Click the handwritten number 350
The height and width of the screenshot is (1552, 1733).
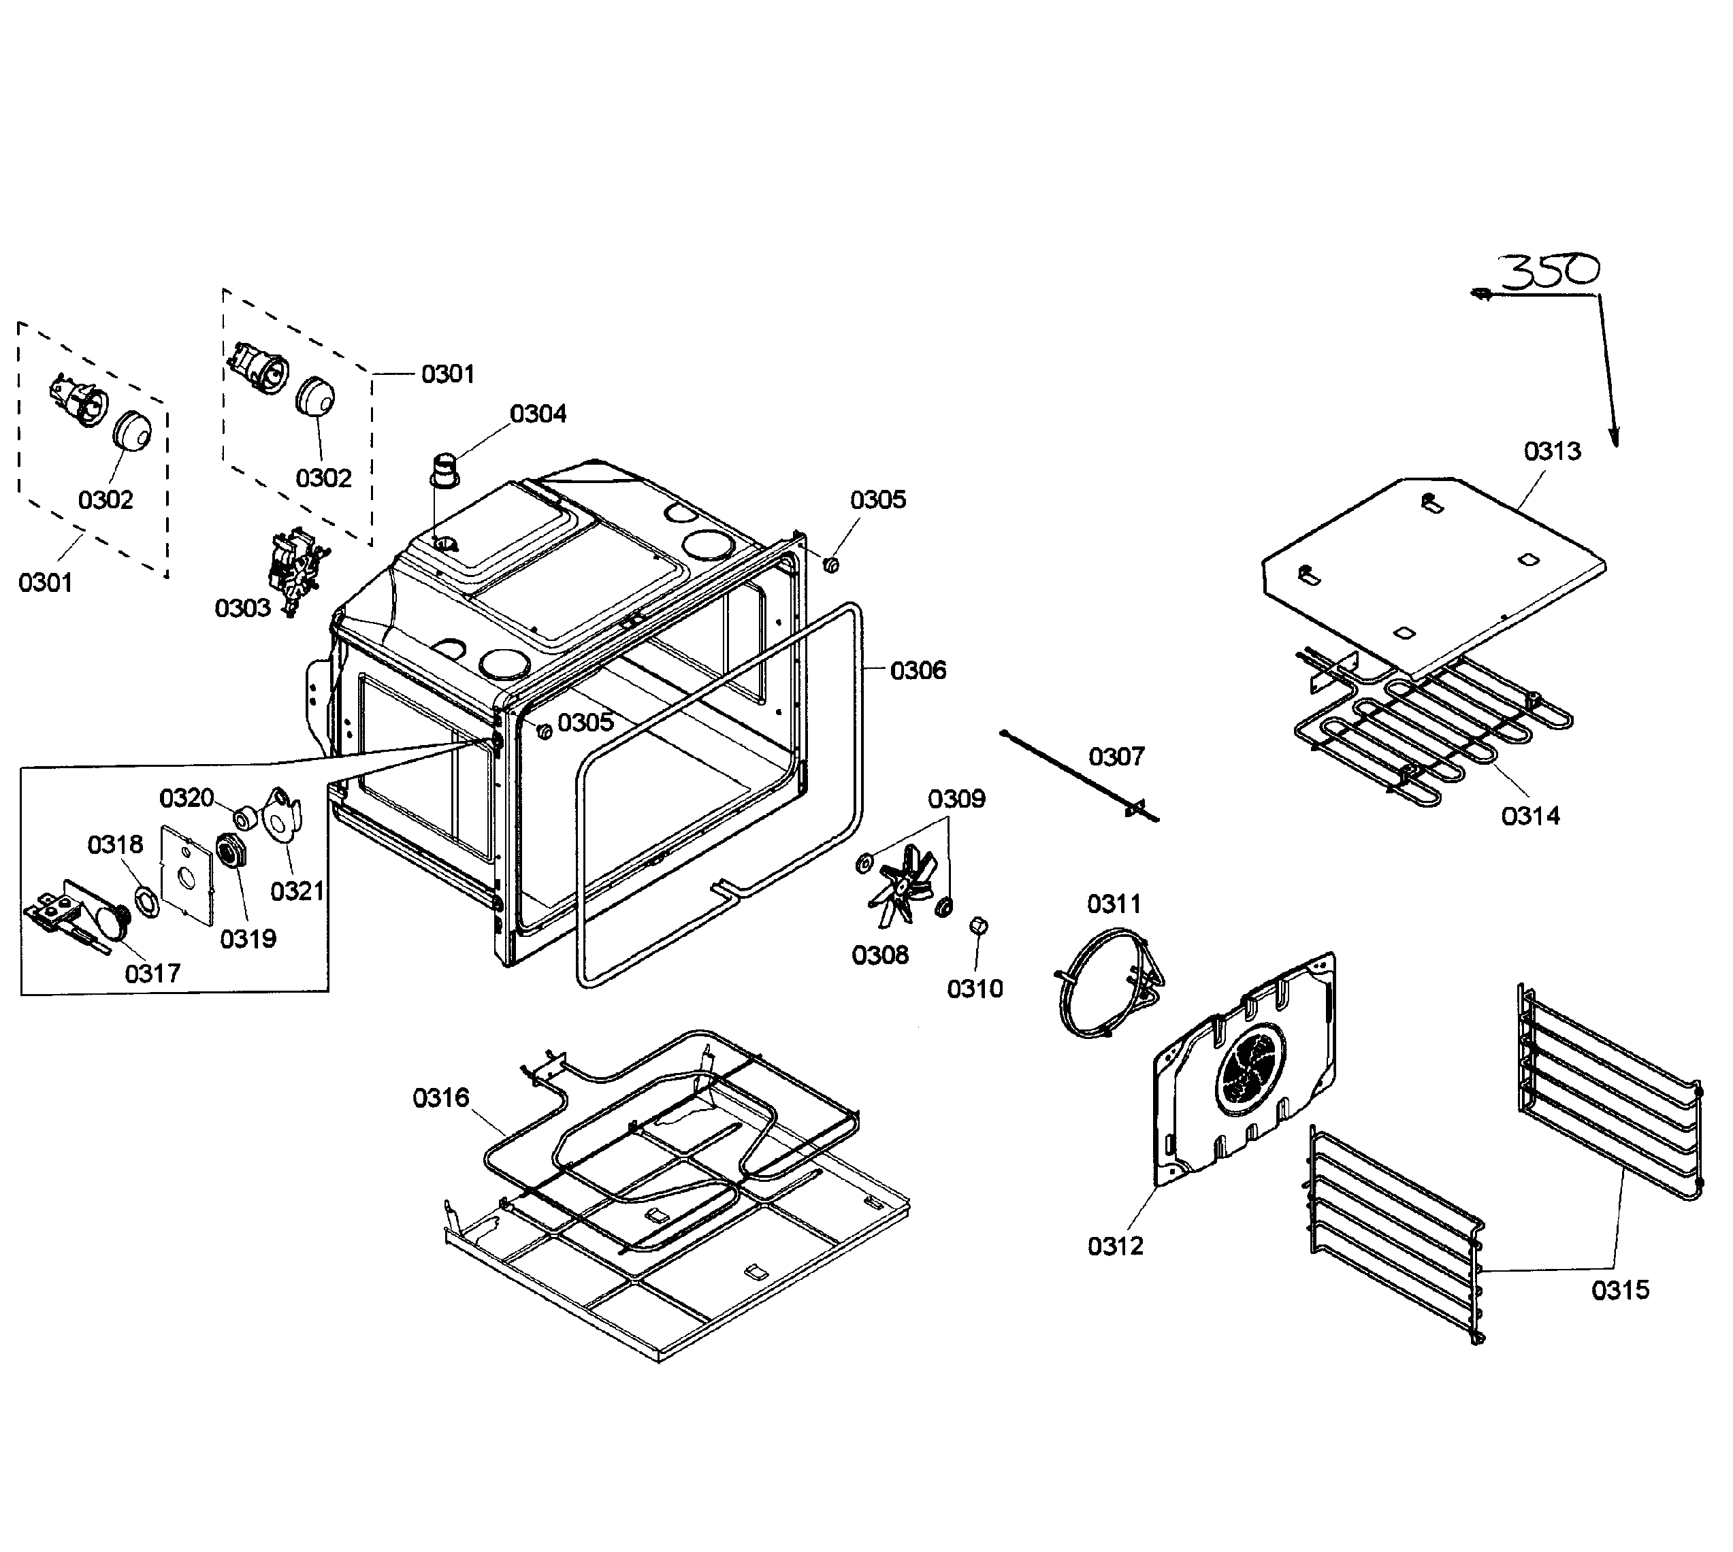[1549, 272]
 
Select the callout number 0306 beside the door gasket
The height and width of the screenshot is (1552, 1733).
[918, 670]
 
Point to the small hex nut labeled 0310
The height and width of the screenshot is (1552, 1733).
[978, 926]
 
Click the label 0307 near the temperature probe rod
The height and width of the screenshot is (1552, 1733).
[1116, 757]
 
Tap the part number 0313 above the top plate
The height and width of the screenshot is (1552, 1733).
[1552, 451]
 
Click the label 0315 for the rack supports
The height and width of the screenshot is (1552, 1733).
[1621, 1290]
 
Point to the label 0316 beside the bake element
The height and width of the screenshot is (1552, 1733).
[441, 1097]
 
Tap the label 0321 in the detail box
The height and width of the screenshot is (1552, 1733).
[297, 891]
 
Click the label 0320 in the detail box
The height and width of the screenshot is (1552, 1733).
[187, 798]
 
